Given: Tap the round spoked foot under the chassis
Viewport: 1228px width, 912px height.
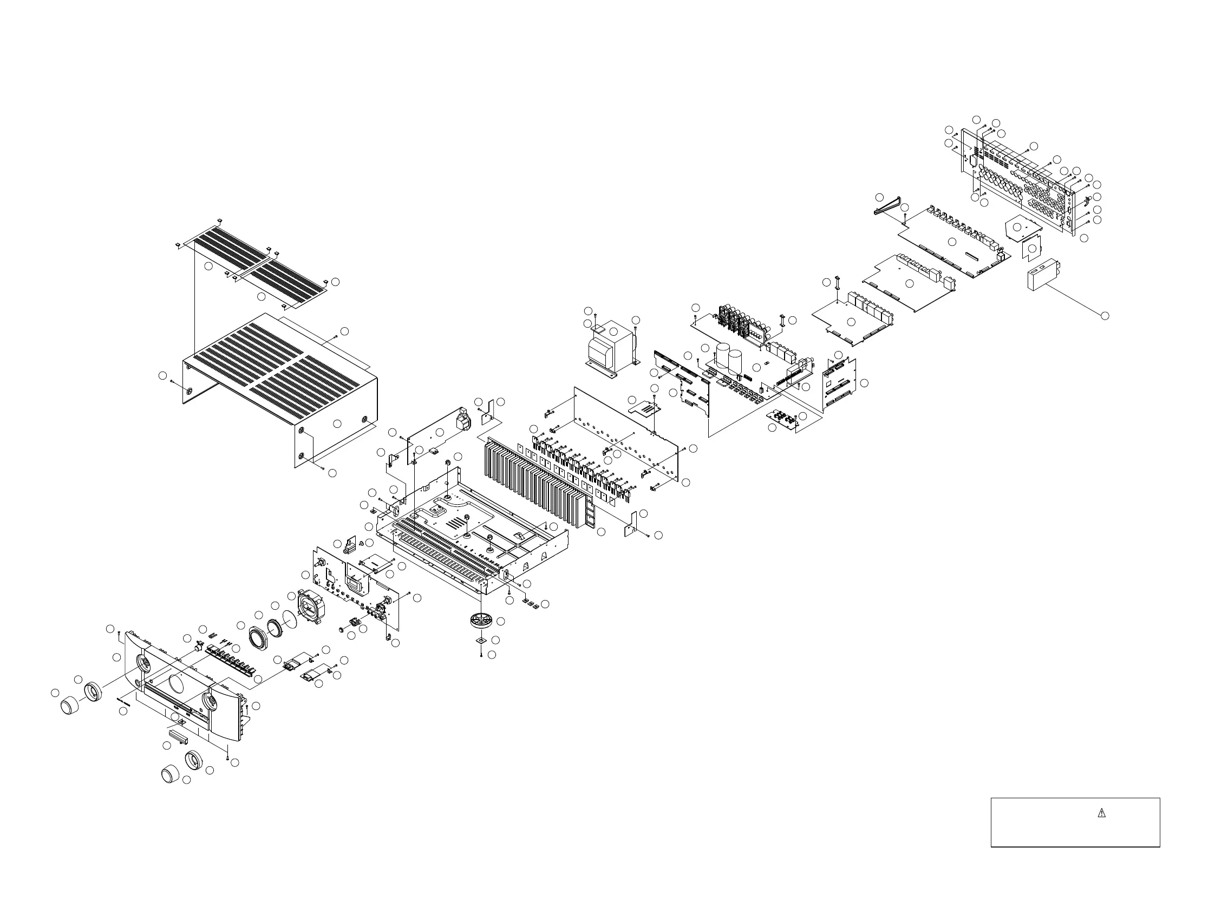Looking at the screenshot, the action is pyautogui.click(x=480, y=621).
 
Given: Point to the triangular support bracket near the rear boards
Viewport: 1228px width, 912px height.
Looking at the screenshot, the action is pyautogui.click(x=889, y=207).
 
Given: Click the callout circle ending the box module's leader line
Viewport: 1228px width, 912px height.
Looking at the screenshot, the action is pyautogui.click(x=1105, y=315).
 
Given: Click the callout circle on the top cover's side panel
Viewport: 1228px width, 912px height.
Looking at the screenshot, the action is pyautogui.click(x=338, y=424).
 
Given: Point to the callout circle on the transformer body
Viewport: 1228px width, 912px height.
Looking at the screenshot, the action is pyautogui.click(x=613, y=331).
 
